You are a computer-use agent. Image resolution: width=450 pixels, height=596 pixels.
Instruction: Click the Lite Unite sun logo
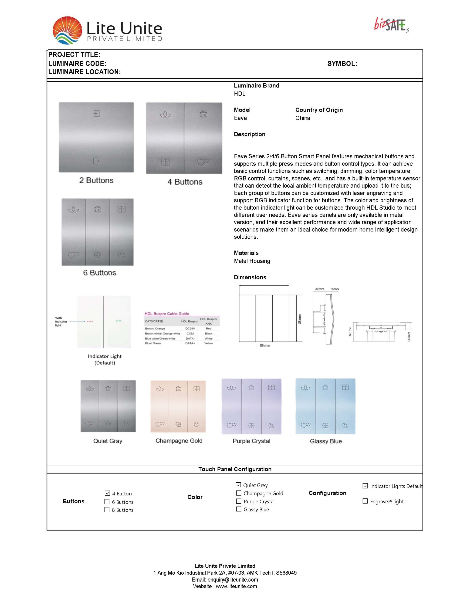click(x=67, y=30)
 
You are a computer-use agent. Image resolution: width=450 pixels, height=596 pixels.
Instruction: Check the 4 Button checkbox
click(x=107, y=493)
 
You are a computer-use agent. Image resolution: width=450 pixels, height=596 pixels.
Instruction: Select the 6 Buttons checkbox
click(x=107, y=501)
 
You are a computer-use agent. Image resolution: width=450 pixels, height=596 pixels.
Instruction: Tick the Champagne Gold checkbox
click(x=238, y=493)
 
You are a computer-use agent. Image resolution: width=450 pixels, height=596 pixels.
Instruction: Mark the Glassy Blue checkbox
click(x=238, y=509)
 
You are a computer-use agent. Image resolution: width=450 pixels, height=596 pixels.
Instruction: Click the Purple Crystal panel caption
click(x=251, y=441)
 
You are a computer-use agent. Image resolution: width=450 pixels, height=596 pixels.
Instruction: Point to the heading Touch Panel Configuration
click(x=235, y=469)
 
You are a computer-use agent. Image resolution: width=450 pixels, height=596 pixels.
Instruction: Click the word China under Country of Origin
click(x=303, y=118)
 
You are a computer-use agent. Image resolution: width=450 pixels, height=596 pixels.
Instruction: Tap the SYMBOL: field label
click(x=342, y=64)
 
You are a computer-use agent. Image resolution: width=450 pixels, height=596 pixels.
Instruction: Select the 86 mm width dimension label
click(x=265, y=345)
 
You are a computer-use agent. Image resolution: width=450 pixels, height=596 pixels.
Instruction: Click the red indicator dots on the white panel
click(x=90, y=322)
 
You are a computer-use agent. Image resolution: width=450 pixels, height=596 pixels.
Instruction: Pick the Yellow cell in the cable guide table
click(x=209, y=343)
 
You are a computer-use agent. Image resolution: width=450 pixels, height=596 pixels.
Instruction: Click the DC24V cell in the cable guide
click(x=190, y=328)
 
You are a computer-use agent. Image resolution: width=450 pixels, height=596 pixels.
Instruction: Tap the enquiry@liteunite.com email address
click(x=233, y=579)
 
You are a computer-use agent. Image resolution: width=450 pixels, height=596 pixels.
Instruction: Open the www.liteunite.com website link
click(x=236, y=586)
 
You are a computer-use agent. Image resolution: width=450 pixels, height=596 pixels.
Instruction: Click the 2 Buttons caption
click(x=96, y=180)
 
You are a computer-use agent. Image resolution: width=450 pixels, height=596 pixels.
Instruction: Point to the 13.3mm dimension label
click(x=409, y=337)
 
